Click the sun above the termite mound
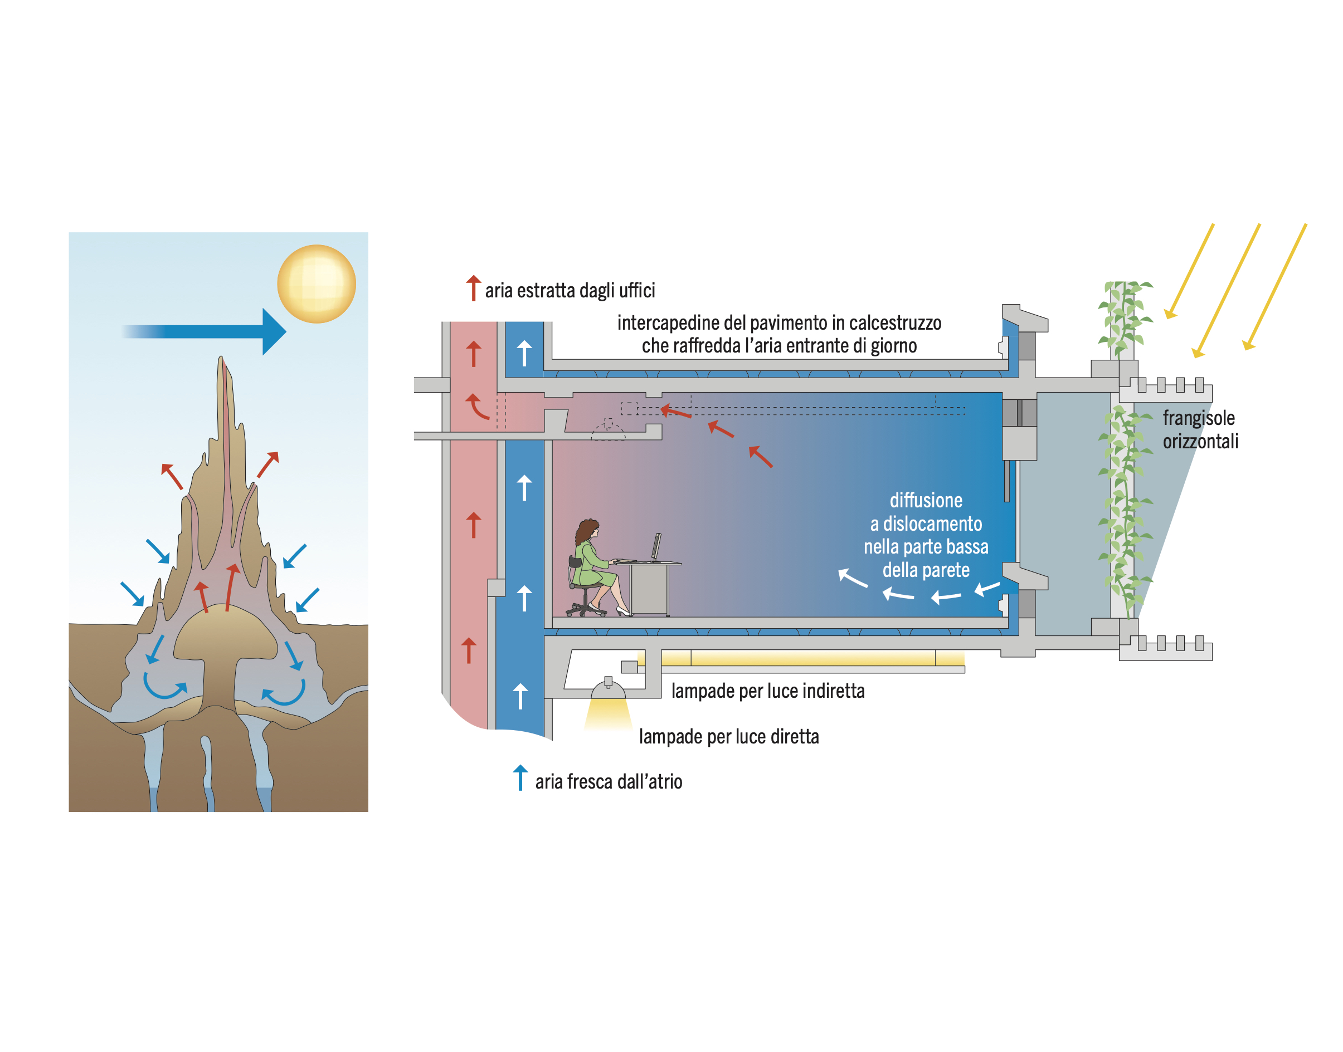316,284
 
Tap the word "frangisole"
1198,419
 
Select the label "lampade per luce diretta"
728,737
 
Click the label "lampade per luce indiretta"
767,691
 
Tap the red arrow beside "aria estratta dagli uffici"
473,288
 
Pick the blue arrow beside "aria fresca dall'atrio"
520,778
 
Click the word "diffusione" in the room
926,501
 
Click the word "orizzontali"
1200,442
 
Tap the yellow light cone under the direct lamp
608,714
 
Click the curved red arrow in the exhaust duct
476,407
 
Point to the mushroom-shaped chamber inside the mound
225,640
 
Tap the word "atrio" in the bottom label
665,782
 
